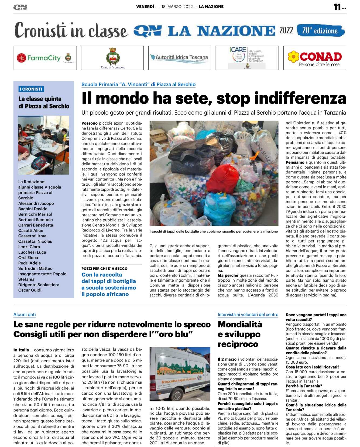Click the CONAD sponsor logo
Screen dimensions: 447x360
[x=315, y=58]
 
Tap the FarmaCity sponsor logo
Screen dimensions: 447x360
[x=45, y=58]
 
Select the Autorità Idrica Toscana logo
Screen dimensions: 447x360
[x=179, y=57]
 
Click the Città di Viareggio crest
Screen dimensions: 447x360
[x=113, y=56]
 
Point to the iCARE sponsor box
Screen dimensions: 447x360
[x=247, y=58]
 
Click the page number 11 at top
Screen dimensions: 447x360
[x=337, y=7]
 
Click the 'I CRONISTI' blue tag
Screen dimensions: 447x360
[x=31, y=89]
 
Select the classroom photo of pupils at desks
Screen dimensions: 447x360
[x=44, y=145]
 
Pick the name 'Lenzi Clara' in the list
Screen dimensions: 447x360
[x=29, y=247]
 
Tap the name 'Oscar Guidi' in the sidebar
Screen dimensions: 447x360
[x=30, y=290]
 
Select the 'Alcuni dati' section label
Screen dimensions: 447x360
[x=25, y=314]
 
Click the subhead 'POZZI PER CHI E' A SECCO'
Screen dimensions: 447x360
[x=104, y=268]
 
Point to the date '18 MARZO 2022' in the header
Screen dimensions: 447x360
[x=177, y=7]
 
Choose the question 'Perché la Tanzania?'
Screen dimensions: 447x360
[x=304, y=386]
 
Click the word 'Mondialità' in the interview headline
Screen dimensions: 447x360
[x=240, y=324]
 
